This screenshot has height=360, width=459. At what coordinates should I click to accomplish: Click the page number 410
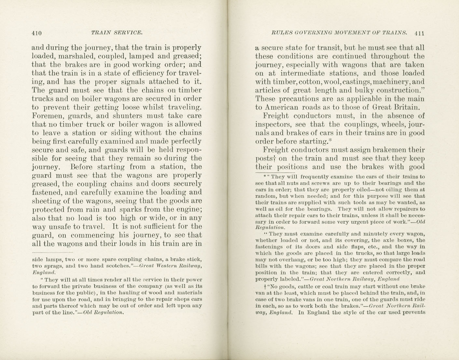[37, 33]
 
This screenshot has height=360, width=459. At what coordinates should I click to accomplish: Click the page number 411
[420, 33]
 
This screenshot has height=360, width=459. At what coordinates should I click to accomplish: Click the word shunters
[128, 116]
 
